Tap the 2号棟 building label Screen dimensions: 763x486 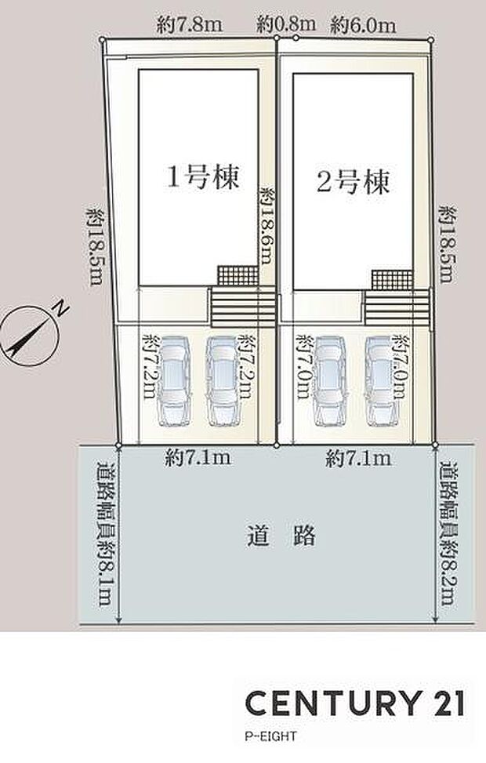coord(353,183)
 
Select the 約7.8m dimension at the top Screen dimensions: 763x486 coord(190,24)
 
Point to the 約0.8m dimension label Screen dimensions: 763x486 coord(286,24)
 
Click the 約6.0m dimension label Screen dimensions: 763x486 coord(362,24)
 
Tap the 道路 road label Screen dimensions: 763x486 coord(280,536)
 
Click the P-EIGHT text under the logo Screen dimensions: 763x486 coord(270,736)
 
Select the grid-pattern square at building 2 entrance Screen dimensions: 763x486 coord(391,278)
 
